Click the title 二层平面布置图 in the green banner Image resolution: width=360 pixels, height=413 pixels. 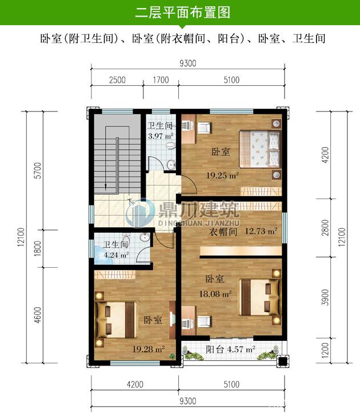(x=183, y=13)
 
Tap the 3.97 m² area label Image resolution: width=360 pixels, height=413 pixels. (x=161, y=136)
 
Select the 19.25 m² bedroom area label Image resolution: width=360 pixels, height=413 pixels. (x=222, y=175)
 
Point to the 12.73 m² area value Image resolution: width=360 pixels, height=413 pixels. (x=261, y=231)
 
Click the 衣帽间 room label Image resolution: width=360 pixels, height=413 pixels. (x=223, y=232)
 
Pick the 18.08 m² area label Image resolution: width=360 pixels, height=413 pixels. (x=215, y=293)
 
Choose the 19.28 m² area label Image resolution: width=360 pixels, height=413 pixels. (x=149, y=350)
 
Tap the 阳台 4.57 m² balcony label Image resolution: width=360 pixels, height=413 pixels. (x=230, y=350)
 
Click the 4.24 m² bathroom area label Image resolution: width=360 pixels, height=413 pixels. (x=116, y=255)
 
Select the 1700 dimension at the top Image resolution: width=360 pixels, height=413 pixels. (x=161, y=80)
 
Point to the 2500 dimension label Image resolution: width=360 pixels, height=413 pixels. (x=117, y=80)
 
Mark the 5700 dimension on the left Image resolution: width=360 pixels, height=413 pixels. (x=38, y=170)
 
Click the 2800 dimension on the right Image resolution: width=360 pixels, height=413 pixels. (x=325, y=228)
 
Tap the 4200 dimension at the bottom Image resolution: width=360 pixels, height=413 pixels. (x=135, y=384)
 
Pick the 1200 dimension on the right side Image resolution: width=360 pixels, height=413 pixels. (x=325, y=350)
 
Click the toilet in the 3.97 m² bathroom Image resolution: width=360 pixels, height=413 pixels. (x=170, y=145)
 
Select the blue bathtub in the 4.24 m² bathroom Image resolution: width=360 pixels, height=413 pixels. (x=102, y=255)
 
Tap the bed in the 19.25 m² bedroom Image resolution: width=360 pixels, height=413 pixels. (x=259, y=149)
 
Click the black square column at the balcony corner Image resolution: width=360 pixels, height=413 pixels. (x=282, y=361)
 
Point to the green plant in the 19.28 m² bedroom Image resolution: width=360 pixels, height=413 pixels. (x=172, y=356)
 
